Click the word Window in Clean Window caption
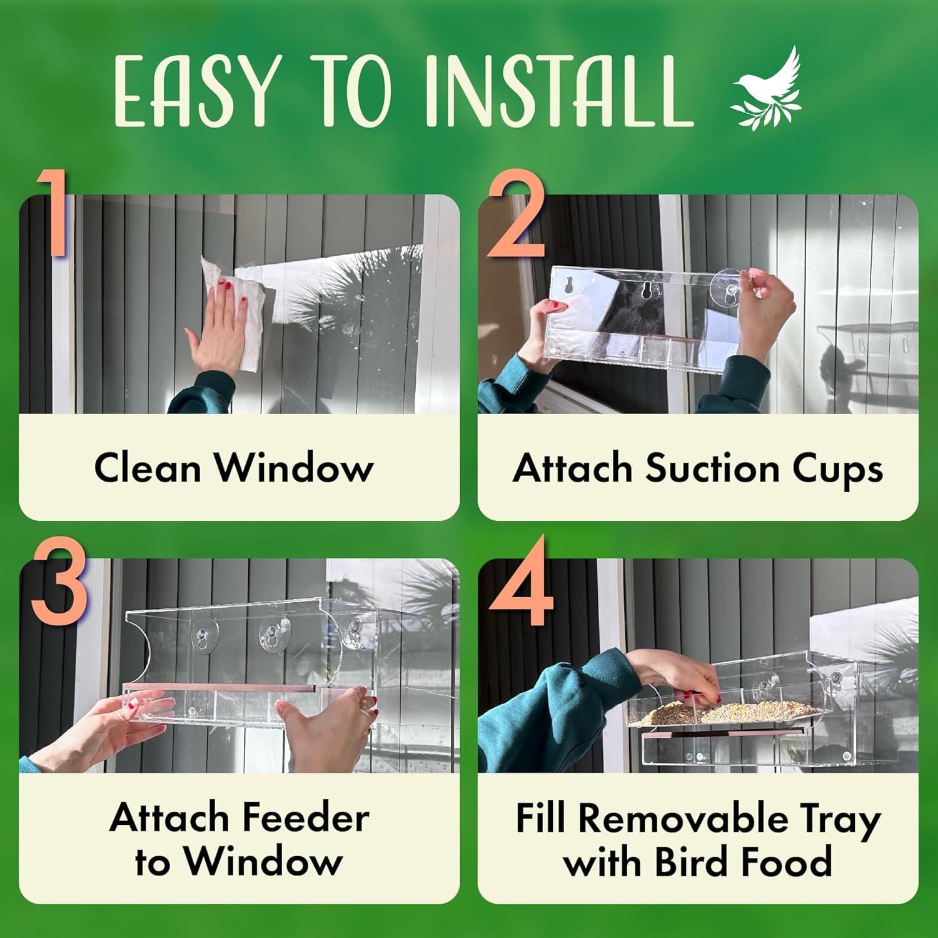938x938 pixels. click(x=294, y=467)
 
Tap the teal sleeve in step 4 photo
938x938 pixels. click(x=550, y=707)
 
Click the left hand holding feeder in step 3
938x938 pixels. click(x=125, y=725)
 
